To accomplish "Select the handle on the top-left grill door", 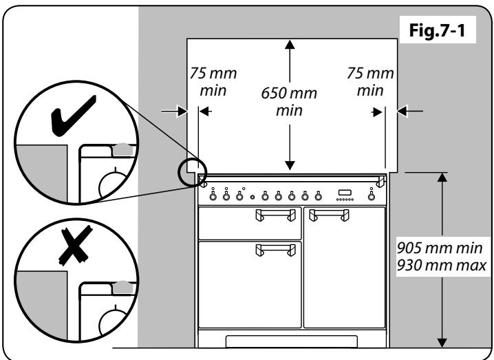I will tap(268, 218).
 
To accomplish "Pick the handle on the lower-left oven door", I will tap(269, 251).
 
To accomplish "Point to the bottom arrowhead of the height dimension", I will tap(442, 342).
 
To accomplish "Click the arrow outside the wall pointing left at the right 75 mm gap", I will tap(405, 109).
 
